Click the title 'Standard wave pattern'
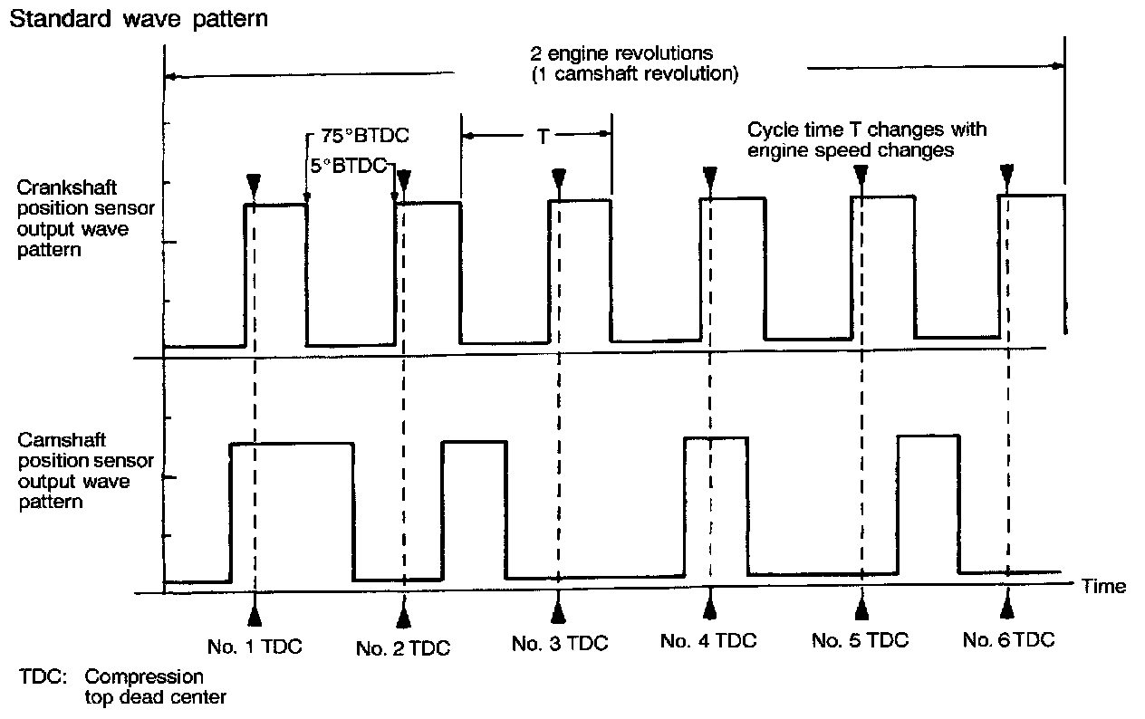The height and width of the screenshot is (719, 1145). pos(138,18)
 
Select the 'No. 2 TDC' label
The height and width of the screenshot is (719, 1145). pos(403,647)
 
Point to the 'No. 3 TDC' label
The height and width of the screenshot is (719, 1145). pos(560,644)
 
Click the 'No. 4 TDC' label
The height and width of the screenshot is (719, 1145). pos(708,641)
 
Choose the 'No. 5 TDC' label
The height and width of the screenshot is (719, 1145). pos(860,641)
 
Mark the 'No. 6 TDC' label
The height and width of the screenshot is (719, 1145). pos(1008,640)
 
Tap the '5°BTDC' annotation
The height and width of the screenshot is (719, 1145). pos(348,166)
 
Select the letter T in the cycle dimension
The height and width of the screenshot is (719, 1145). pos(542,136)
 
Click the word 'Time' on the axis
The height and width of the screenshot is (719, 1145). pos(1104,586)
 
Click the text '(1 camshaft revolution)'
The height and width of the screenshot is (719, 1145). pos(634,74)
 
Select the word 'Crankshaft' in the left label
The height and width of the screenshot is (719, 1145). pos(59,189)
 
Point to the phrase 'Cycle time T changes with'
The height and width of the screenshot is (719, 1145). pos(866,129)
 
